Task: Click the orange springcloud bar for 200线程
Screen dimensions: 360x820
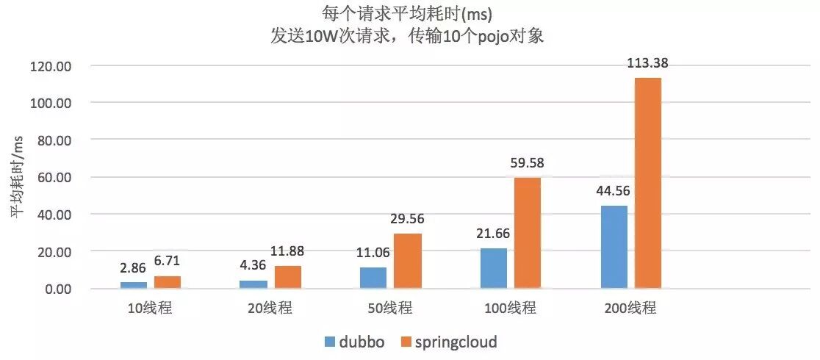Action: pos(647,183)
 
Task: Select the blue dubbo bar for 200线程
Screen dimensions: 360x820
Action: pos(614,247)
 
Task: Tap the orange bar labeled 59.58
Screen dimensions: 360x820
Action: pos(527,233)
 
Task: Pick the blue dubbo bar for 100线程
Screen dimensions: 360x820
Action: pos(493,268)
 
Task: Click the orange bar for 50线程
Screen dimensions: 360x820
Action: pos(407,261)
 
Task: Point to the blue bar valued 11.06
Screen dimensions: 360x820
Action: pos(373,278)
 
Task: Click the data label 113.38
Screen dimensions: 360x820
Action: pos(647,63)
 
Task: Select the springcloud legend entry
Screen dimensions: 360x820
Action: pos(448,342)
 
